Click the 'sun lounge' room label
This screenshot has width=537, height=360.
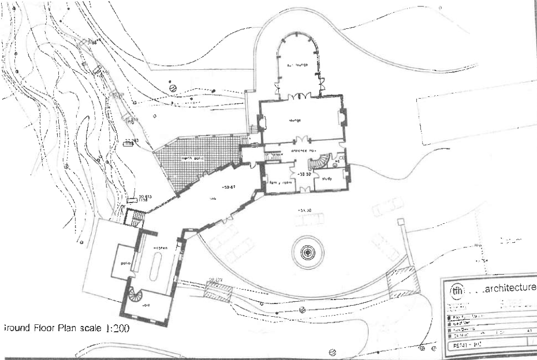point(299,65)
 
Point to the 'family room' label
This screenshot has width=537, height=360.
point(283,183)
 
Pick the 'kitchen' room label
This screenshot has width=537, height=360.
point(160,247)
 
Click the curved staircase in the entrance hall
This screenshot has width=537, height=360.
point(327,158)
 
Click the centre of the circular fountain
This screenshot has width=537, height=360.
point(309,252)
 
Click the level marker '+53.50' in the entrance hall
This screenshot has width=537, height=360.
point(304,173)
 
